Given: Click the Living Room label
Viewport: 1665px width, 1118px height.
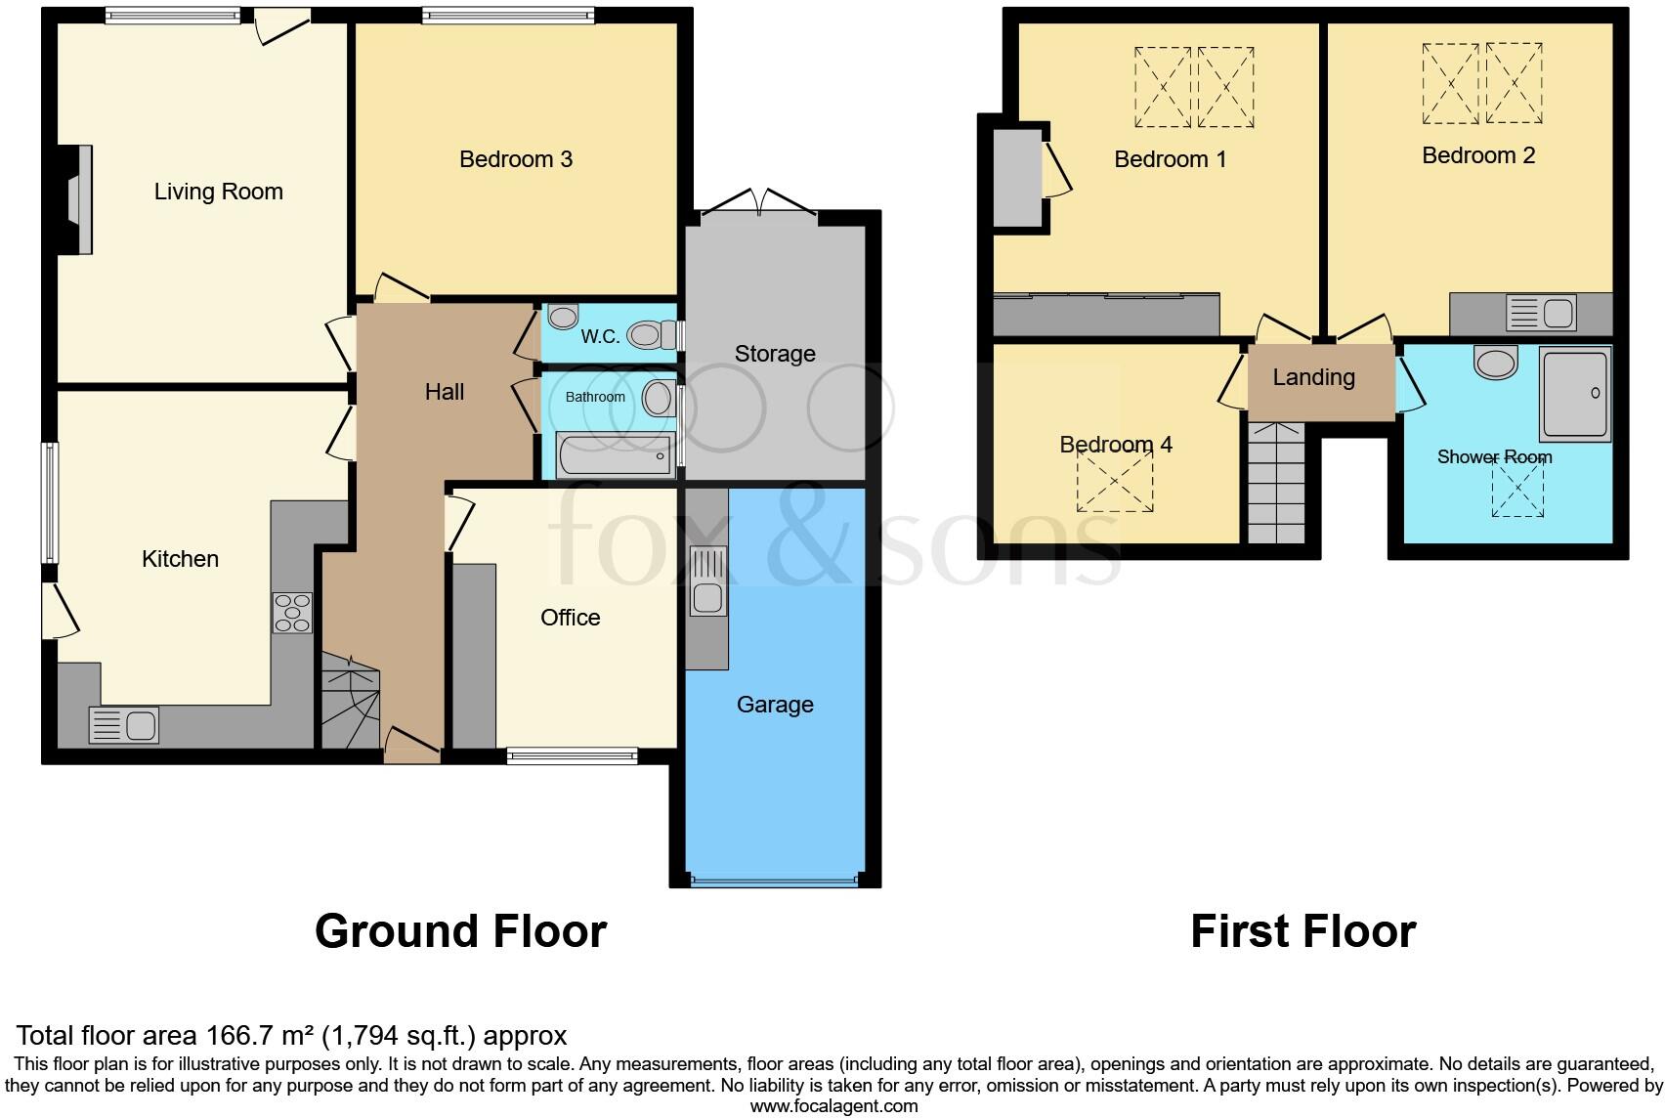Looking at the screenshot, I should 218,192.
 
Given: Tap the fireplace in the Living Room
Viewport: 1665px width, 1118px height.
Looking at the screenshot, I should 76,199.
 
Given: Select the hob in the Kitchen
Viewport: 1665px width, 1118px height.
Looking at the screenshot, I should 291,612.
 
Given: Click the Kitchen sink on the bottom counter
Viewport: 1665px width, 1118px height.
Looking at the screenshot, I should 124,725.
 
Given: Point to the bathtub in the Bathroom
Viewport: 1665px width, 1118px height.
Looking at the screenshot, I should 615,455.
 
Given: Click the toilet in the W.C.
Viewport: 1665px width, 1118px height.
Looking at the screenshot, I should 650,335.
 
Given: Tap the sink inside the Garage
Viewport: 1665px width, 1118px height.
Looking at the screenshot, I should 706,581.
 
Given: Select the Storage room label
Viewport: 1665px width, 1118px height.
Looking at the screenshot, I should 775,354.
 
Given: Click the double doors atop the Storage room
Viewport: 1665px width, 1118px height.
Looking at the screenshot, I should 759,203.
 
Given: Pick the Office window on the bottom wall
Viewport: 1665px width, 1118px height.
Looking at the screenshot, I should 573,754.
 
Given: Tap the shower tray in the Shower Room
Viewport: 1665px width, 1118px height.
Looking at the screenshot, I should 1573,394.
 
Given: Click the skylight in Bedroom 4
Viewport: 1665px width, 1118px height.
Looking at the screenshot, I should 1114,481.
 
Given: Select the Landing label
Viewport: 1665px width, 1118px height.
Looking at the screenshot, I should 1313,377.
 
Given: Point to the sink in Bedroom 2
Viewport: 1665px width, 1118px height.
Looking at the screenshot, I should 1541,314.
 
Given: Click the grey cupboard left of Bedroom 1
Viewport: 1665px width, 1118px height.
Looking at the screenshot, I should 1017,177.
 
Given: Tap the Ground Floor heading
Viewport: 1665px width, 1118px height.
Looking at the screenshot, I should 460,931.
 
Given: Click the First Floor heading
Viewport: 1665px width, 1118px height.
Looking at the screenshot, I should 1302,931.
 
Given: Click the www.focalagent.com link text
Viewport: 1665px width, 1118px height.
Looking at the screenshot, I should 833,1106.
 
